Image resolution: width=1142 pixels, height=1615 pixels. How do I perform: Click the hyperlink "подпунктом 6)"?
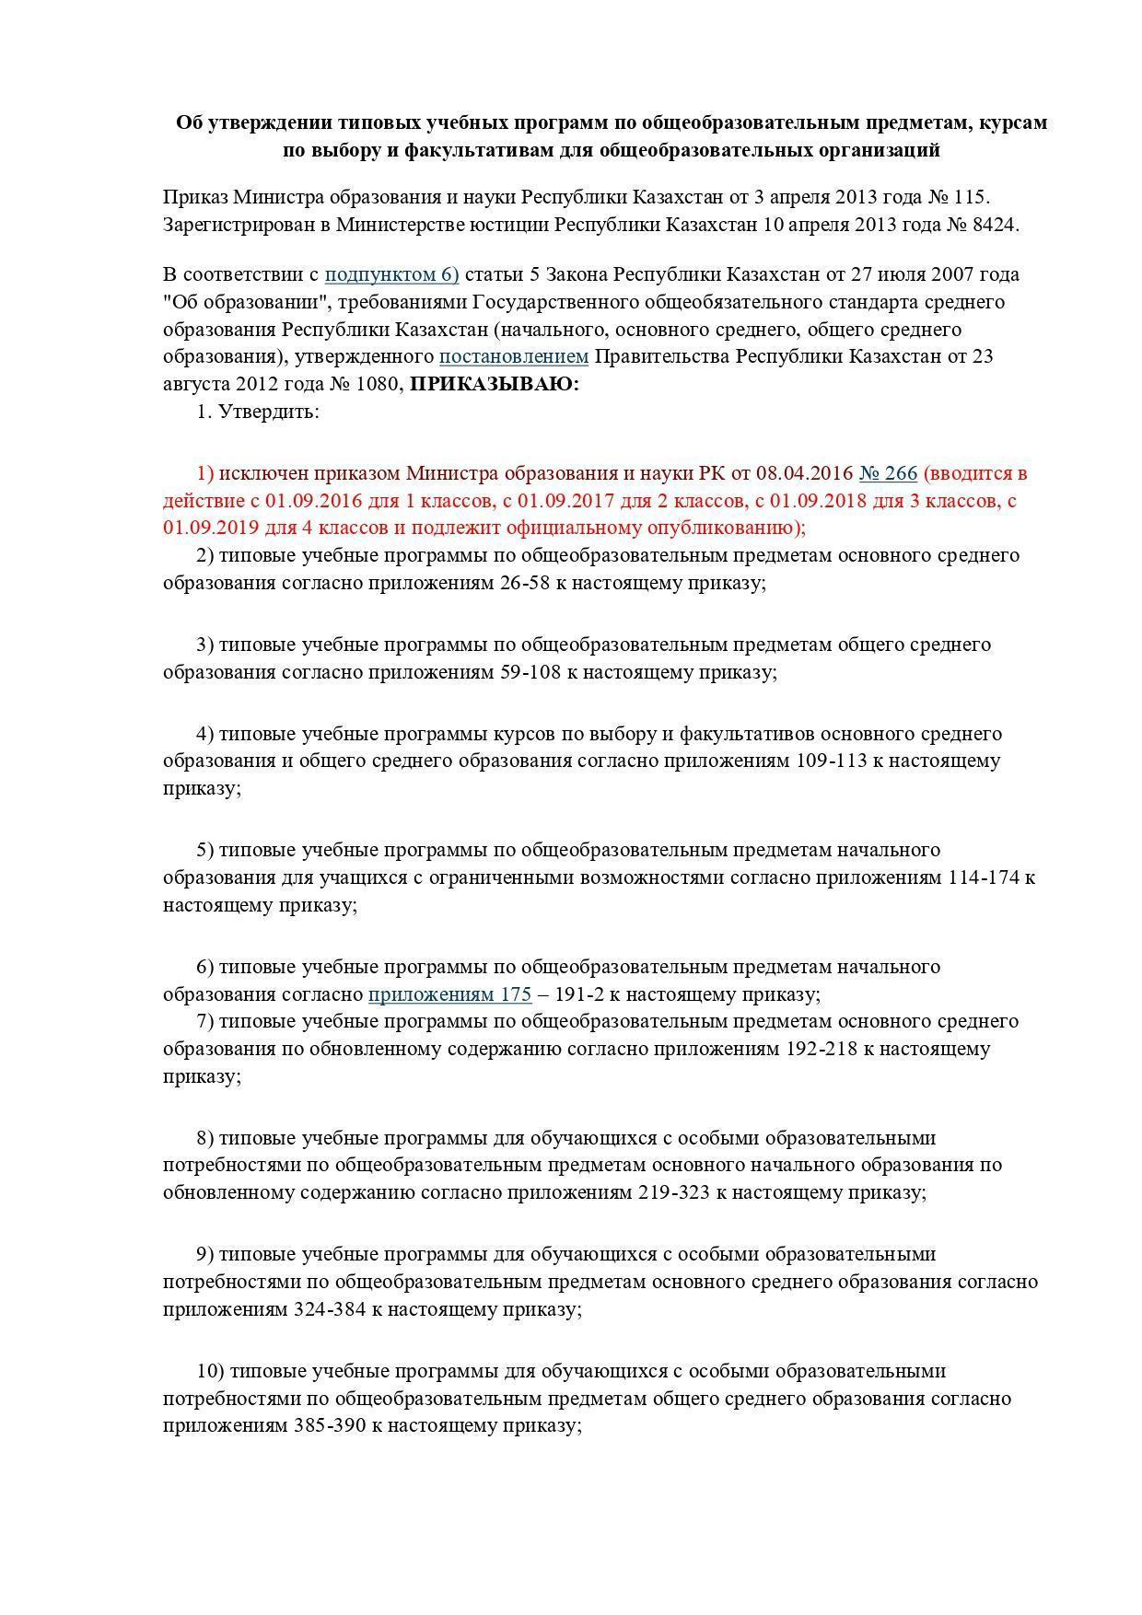[391, 274]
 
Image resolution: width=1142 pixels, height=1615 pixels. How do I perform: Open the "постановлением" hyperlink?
[513, 356]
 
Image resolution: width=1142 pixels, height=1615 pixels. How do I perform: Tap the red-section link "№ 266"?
[888, 473]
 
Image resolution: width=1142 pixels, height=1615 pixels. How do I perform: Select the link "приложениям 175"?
[449, 994]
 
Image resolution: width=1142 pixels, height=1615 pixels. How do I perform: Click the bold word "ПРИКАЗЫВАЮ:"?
[495, 384]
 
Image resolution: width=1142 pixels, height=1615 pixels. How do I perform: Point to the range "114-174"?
[984, 877]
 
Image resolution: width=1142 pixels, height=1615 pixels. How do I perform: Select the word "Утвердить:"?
[269, 412]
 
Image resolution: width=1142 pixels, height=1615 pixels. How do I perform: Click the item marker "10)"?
[211, 1371]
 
